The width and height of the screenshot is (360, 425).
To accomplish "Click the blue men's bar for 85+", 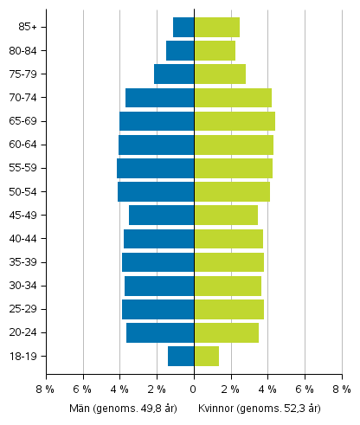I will (x=183, y=27).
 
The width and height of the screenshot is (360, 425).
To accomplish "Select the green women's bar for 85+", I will (x=216, y=27).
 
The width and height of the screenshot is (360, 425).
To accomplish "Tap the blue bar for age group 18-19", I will (x=181, y=356).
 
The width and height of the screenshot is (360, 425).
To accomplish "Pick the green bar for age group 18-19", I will (x=206, y=356).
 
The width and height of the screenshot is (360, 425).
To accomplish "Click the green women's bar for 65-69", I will (x=235, y=121).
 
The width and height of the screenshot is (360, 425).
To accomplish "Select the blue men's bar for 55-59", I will (x=156, y=168).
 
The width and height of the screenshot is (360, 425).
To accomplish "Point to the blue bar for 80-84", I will (x=180, y=50).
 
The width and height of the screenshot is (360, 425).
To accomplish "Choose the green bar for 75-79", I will (x=220, y=74).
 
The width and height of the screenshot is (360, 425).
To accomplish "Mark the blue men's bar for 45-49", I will (x=162, y=215).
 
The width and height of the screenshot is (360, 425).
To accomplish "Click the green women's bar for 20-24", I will (x=226, y=332).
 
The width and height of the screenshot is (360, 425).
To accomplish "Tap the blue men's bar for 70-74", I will (x=160, y=98).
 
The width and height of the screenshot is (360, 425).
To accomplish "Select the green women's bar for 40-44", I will (x=228, y=238).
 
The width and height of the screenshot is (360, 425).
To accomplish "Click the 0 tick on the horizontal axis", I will (x=194, y=390).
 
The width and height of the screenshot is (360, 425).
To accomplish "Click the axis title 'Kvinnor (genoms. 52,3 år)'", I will (x=259, y=408).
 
